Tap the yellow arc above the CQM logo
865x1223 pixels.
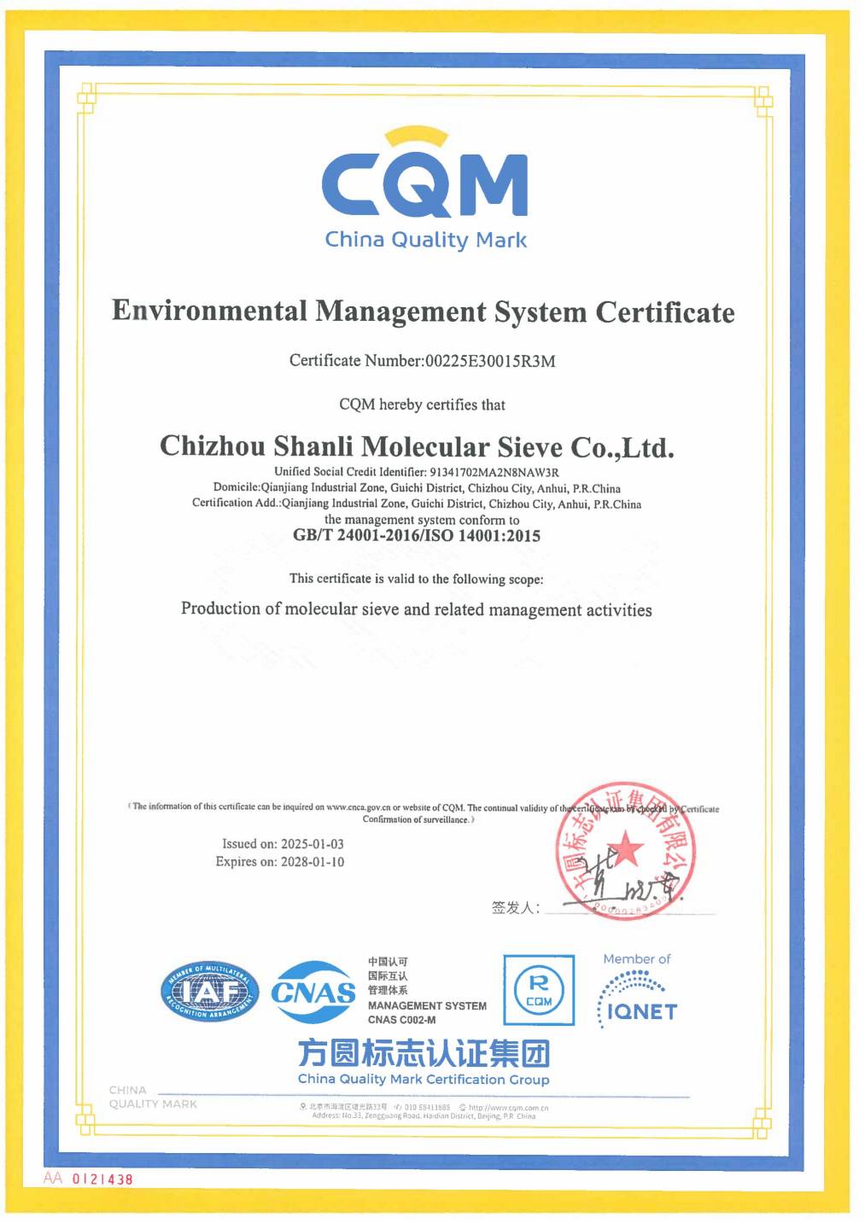(416, 136)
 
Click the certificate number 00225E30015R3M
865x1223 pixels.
(490, 361)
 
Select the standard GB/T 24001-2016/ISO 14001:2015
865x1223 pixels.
(417, 536)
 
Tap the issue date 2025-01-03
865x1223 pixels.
(312, 844)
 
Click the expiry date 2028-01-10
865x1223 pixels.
(312, 862)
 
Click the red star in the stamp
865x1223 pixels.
(627, 849)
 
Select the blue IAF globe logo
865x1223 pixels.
(209, 992)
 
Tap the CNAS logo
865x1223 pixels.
(313, 992)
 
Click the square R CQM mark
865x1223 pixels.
(539, 990)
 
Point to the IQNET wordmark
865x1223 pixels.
(642, 1012)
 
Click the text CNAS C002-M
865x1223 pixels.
(401, 1020)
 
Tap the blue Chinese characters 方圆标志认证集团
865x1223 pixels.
(424, 1053)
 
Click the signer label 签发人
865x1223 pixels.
(515, 908)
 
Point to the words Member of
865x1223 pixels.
(637, 959)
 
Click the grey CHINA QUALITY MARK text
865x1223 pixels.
(152, 1097)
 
